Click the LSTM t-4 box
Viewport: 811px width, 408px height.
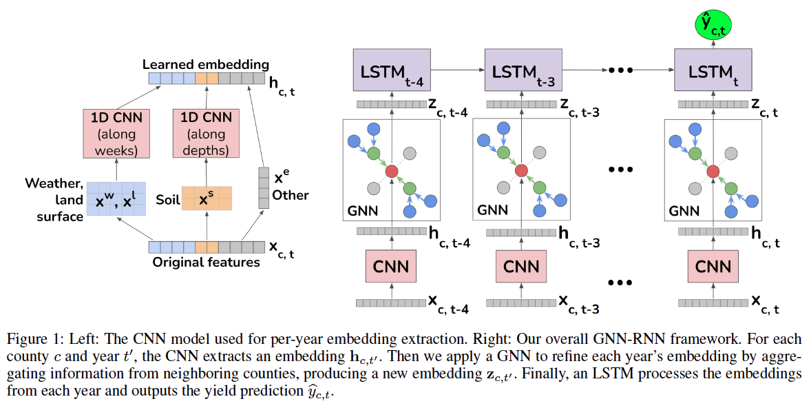391,70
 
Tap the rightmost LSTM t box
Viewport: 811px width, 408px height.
713,70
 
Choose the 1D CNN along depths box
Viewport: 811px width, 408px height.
206,133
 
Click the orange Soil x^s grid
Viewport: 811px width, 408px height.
207,198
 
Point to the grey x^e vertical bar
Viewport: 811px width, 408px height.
263,188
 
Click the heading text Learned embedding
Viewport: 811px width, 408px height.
205,64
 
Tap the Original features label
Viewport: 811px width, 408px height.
206,263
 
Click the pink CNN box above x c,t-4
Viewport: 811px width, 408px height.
391,267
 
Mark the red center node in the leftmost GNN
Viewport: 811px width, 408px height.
391,170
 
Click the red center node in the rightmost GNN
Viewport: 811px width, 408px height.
713,170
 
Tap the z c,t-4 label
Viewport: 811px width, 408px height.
447,106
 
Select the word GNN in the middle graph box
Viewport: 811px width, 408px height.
492,210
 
